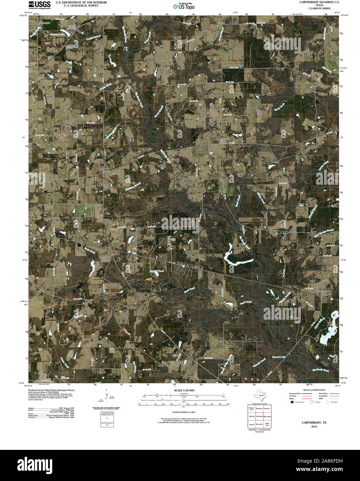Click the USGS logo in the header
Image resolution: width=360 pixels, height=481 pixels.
pos(39,4)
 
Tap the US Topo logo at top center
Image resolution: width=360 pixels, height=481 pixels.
pos(184,6)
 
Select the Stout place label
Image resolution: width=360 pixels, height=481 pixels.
pos(222,22)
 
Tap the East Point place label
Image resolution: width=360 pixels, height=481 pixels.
pos(223,141)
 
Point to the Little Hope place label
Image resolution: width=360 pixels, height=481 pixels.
pos(324,293)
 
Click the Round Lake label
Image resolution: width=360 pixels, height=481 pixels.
pos(279,356)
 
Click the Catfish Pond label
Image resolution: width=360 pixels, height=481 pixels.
pos(156,271)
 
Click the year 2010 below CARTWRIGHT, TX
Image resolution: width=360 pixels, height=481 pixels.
pos(314,426)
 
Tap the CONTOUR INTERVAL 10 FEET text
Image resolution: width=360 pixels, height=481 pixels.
pos(184,412)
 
